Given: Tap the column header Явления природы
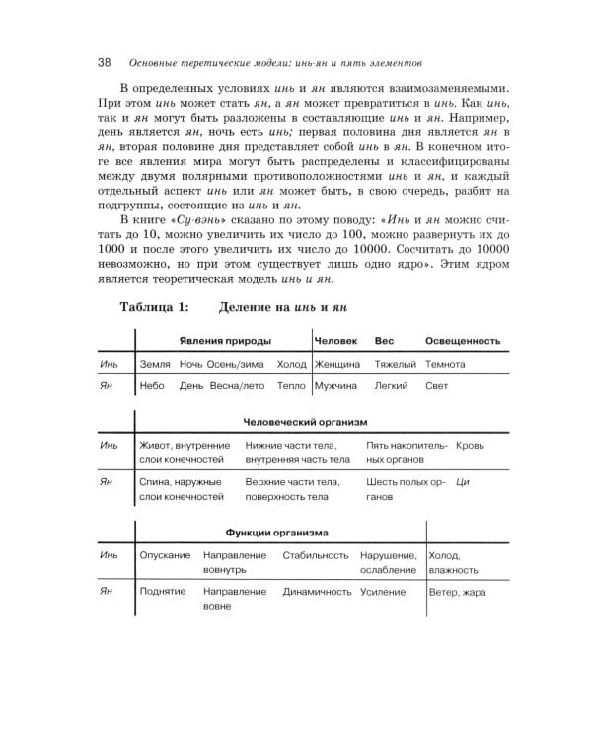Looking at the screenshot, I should point(226,340).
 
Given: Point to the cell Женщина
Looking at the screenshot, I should point(338,364).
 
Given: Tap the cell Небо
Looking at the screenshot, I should point(153,386).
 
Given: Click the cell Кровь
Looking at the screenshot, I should point(473,446).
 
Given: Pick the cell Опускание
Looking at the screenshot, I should point(165,555).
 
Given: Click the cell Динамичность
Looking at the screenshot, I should point(317,592).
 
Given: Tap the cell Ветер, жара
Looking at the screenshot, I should point(459,592).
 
